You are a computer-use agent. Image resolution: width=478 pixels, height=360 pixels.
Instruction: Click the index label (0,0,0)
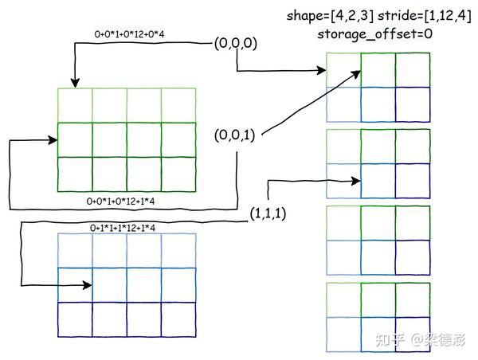point(235,43)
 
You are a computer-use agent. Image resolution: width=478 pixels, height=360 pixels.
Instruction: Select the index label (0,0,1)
point(235,135)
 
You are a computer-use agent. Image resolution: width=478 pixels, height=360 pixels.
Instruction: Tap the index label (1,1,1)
point(268,213)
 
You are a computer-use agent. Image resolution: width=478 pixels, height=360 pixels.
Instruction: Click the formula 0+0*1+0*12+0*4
point(129,34)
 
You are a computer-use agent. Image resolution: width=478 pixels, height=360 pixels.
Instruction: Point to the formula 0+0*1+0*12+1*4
point(120,202)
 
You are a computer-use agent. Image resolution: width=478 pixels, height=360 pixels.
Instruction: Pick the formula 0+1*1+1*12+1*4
point(123,228)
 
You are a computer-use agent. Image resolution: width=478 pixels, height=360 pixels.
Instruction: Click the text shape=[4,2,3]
point(330,15)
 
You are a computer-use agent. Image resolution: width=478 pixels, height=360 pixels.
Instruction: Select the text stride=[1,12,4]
point(425,15)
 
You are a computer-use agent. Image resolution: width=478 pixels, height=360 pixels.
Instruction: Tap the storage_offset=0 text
point(374,33)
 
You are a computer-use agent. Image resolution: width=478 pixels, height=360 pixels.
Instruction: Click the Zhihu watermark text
point(421,339)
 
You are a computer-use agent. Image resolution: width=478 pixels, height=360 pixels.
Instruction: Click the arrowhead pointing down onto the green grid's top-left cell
point(75,83)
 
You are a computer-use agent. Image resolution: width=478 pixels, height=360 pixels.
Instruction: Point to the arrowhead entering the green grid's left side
point(53,140)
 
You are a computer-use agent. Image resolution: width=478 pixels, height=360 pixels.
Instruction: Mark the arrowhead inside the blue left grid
point(87,285)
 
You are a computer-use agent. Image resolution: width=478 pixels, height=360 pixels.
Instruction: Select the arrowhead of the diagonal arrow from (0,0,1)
point(357,73)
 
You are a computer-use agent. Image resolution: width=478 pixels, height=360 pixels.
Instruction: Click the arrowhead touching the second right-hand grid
point(356,181)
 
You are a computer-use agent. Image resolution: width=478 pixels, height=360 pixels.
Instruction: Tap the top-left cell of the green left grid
point(75,105)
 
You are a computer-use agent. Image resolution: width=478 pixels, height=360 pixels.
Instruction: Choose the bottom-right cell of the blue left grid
point(178,319)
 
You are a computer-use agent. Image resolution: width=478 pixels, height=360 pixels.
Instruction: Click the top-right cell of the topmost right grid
point(413,70)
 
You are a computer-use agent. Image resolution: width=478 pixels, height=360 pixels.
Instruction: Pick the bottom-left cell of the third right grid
point(343,257)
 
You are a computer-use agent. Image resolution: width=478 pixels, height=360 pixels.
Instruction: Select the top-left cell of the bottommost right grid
point(343,300)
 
